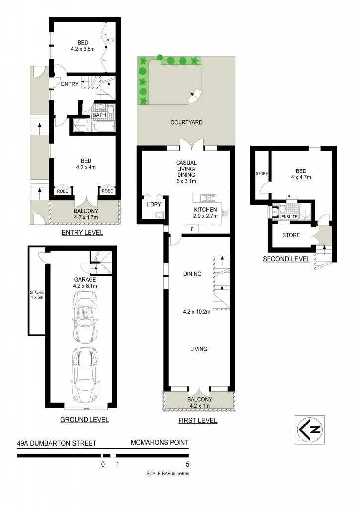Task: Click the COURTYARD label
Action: [186, 122]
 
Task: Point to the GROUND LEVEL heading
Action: [85, 420]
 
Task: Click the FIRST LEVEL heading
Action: [197, 421]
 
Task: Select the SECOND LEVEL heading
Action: [286, 259]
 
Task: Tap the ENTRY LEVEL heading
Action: [82, 233]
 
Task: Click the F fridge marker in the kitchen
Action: [192, 228]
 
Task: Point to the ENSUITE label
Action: [289, 217]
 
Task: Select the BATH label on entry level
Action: [99, 115]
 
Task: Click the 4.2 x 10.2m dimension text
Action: [198, 313]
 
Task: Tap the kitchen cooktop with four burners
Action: [225, 214]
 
